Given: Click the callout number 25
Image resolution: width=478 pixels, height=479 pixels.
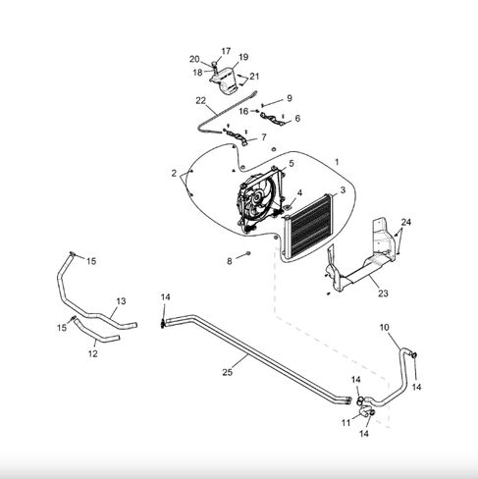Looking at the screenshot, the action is point(227,372).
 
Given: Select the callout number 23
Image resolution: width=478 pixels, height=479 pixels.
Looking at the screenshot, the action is point(383,293).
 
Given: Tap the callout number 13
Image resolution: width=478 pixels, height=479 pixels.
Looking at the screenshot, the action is point(121,301).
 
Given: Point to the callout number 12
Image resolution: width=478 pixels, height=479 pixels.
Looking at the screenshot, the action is point(93,353).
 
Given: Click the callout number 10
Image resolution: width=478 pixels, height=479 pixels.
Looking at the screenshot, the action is point(385,327).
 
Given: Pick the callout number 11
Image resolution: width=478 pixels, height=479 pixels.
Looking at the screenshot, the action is point(345,423).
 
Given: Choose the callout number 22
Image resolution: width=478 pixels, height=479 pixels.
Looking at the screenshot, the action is point(200,100).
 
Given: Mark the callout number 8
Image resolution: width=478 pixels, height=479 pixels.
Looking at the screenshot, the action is point(230,261).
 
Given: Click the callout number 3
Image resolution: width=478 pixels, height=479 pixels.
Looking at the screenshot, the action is point(343,189).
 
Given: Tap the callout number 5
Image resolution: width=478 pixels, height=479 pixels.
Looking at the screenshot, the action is point(292,163).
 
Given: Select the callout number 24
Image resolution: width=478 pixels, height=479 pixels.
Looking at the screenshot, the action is point(406,222).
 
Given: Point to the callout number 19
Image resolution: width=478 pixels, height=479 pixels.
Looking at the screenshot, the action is point(243,57).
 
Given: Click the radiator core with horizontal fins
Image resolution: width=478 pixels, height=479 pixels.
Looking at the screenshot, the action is point(309,226).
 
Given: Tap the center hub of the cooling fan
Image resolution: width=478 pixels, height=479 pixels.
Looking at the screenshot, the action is point(256,196).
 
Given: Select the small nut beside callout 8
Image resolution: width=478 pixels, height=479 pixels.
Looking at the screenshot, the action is point(248,253).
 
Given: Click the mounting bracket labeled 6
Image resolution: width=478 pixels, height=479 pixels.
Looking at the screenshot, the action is point(272,119).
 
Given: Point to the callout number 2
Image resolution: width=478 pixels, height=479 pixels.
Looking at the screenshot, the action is point(174,173).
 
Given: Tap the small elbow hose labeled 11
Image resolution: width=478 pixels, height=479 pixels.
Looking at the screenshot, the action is point(365,412).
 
